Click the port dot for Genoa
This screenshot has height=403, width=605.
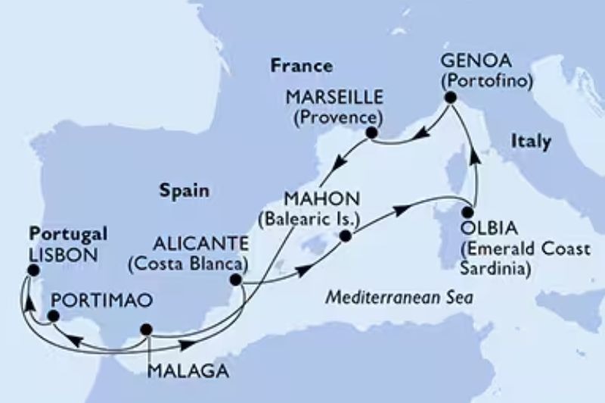pos(450,98)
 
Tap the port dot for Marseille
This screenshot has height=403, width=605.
pos(371,133)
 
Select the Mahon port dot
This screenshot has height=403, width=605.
pos(346,236)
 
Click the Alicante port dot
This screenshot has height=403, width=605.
pos(237,280)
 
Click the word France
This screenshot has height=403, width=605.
pos(290,67)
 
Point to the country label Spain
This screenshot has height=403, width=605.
pos(185,191)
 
